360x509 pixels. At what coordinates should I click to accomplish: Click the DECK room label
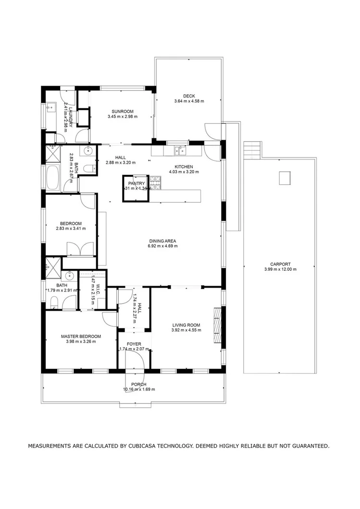click(x=189, y=95)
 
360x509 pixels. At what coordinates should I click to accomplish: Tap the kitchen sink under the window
click(x=180, y=151)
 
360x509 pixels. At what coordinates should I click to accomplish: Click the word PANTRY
click(x=136, y=183)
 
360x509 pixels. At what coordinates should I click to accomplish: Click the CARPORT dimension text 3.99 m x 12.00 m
click(x=280, y=269)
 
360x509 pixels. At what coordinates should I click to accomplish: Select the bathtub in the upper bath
click(x=52, y=178)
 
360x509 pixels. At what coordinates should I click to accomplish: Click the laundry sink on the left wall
click(x=51, y=108)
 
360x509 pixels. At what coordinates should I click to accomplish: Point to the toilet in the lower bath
click(x=54, y=302)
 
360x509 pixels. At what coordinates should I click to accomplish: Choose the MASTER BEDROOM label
click(x=81, y=336)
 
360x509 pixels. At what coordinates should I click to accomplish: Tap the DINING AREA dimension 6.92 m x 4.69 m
click(x=163, y=246)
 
